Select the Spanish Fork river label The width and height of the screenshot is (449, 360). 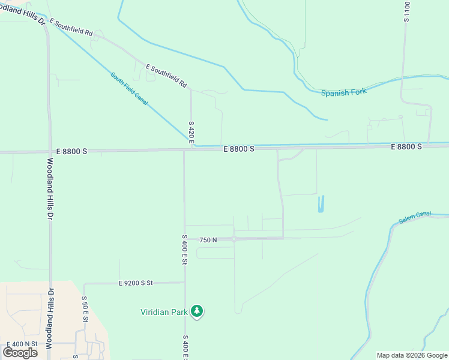pyautogui.click(x=343, y=92)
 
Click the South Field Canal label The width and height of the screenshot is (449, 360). pyautogui.click(x=129, y=89)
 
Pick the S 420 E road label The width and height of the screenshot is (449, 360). pyautogui.click(x=191, y=135)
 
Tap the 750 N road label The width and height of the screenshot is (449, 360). pyautogui.click(x=208, y=240)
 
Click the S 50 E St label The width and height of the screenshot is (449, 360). pyautogui.click(x=85, y=310)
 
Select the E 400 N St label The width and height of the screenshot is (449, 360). pyautogui.click(x=22, y=344)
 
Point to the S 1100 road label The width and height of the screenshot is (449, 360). pyautogui.click(x=407, y=12)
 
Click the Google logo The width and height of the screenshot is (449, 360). pyautogui.click(x=20, y=352)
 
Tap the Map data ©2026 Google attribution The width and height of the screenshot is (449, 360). pyautogui.click(x=412, y=355)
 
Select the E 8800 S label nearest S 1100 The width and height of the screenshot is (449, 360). pyautogui.click(x=406, y=146)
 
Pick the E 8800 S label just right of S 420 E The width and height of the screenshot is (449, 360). pyautogui.click(x=239, y=149)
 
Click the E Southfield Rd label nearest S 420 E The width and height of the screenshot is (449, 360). pyautogui.click(x=166, y=76)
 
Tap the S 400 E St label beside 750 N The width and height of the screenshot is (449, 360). pyautogui.click(x=184, y=251)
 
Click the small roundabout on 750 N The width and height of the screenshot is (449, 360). pyautogui.click(x=234, y=239)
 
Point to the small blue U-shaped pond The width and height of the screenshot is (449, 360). pyautogui.click(x=321, y=204)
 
